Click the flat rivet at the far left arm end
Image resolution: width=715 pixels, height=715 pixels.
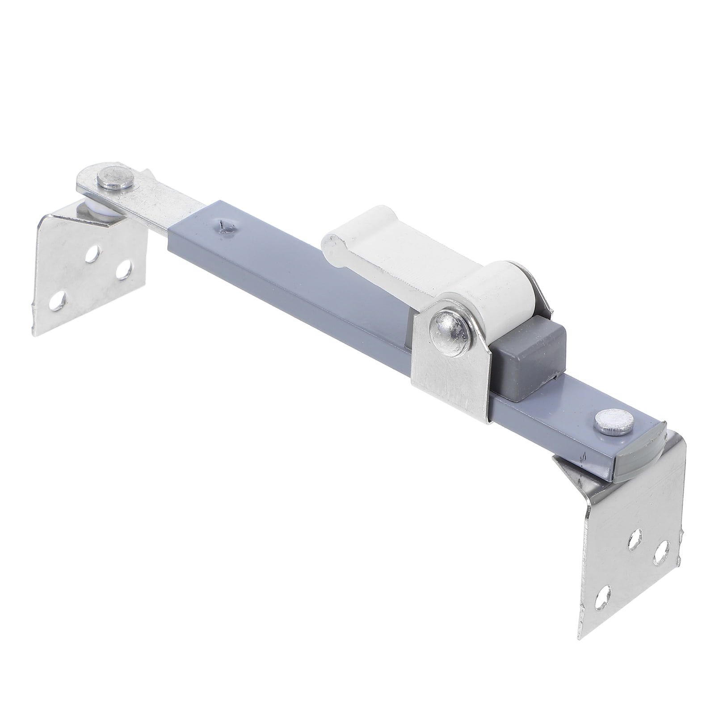116,178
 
